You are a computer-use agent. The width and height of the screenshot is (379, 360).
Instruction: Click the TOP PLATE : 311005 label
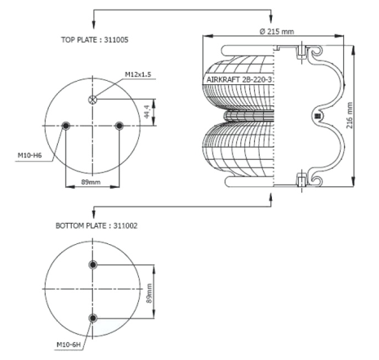point(95,40)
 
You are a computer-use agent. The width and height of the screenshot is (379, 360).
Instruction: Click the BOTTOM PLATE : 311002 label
point(96,226)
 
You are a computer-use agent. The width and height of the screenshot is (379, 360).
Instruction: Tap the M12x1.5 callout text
point(138,74)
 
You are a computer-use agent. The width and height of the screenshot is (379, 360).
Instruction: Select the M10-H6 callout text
point(29,155)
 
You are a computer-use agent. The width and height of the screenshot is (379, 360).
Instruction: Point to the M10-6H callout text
point(69,344)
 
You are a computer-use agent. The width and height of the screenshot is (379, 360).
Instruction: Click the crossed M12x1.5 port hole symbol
point(93,100)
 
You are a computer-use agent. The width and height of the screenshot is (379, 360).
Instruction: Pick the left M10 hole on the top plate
point(66,126)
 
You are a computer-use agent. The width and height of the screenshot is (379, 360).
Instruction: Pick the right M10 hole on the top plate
point(119,126)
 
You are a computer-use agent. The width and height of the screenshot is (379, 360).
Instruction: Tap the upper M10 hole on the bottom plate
point(93,264)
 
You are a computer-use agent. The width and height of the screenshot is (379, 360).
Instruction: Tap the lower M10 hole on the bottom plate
point(93,318)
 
